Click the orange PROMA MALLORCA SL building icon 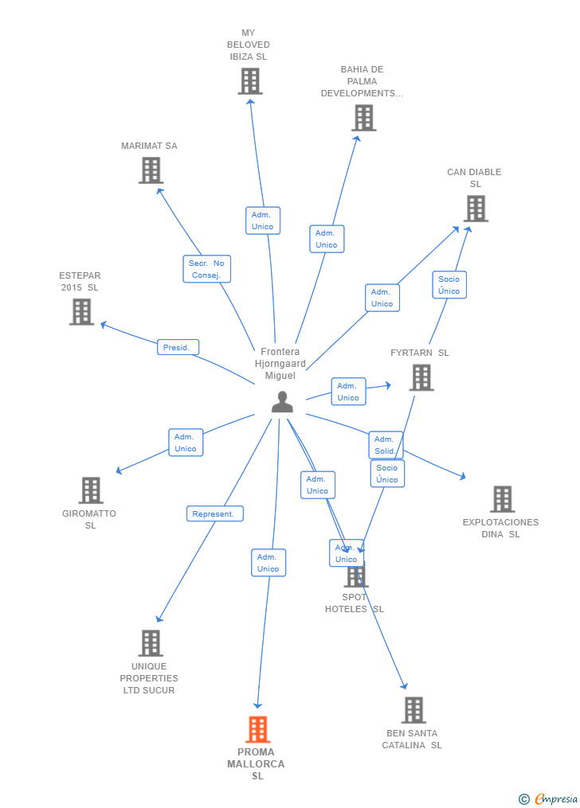257,729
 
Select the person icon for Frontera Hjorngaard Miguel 282,402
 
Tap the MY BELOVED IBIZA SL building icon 250,81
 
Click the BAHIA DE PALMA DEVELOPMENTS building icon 363,118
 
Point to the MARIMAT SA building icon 151,170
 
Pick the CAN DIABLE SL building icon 476,209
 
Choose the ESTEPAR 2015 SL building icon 81,312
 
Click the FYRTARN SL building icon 421,377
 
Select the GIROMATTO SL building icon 91,490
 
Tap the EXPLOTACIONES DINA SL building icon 502,499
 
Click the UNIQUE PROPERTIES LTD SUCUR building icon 151,643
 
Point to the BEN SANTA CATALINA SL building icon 413,710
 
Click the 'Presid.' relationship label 177,347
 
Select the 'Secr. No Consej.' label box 206,269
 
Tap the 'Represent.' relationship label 214,514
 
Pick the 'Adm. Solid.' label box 385,445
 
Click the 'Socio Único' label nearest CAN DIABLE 449,285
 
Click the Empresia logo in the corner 549,798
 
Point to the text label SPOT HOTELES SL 355,603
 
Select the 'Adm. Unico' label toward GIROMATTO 186,443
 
